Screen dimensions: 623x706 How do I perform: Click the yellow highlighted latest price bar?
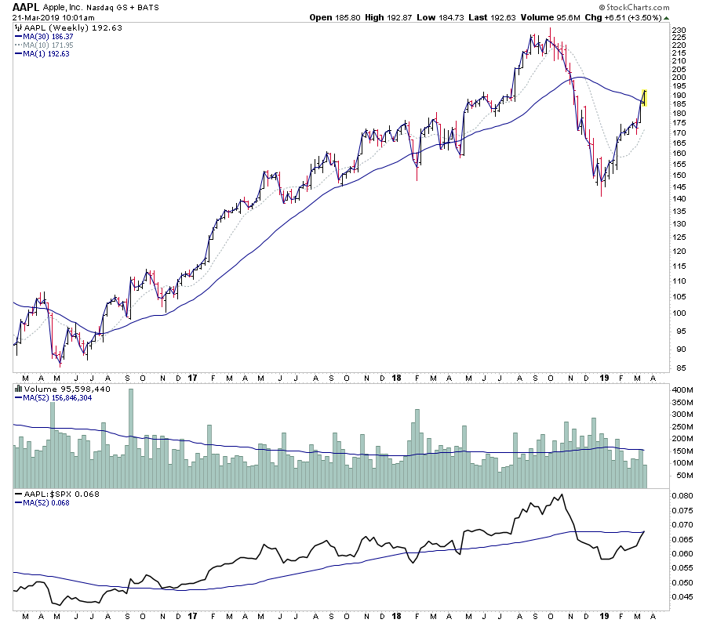pyautogui.click(x=644, y=97)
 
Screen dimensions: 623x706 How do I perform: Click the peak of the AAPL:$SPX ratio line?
pyautogui.click(x=561, y=494)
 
